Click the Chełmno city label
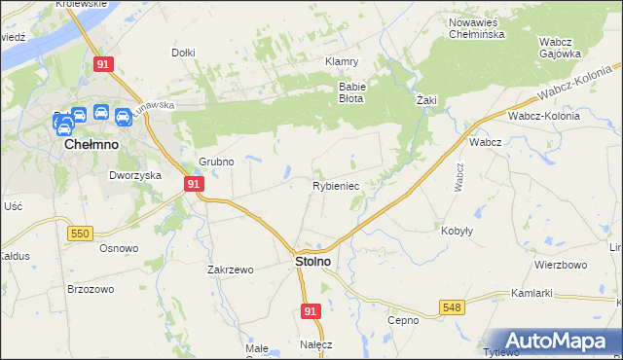point(91,143)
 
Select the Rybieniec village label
point(336,185)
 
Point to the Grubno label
point(216,162)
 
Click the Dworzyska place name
point(133,176)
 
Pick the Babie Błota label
point(351,91)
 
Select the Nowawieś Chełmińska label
point(475,28)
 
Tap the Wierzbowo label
point(560,265)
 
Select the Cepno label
point(402,320)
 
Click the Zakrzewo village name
point(230,270)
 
